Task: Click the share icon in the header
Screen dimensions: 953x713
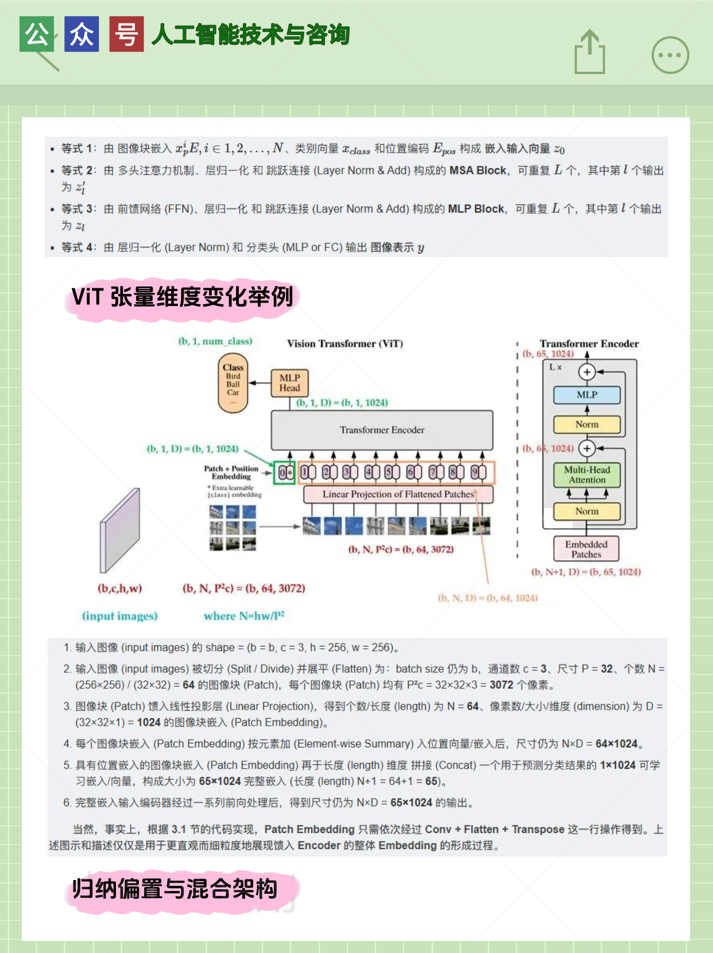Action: click(x=590, y=53)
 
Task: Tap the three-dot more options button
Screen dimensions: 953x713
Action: click(x=670, y=55)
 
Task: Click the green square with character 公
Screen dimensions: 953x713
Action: click(x=37, y=34)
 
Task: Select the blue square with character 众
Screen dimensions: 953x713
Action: click(x=82, y=34)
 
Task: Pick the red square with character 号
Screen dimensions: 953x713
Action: click(x=126, y=34)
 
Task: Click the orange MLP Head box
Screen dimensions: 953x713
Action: click(x=289, y=383)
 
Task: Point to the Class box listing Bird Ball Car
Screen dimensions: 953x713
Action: click(x=233, y=383)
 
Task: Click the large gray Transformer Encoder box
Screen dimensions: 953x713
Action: click(x=382, y=430)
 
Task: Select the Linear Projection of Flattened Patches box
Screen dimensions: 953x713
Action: click(x=398, y=494)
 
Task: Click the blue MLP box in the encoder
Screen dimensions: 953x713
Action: click(x=587, y=395)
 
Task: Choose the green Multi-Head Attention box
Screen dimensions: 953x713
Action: click(x=587, y=475)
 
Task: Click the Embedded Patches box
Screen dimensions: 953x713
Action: click(x=586, y=549)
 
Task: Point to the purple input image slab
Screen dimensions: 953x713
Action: click(x=120, y=530)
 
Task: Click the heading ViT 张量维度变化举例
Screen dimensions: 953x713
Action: click(x=182, y=297)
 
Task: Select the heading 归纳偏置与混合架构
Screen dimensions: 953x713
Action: click(x=175, y=889)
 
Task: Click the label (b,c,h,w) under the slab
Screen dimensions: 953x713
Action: click(x=119, y=588)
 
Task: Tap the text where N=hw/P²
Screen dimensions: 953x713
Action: click(x=244, y=616)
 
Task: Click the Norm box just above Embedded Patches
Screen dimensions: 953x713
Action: click(x=587, y=511)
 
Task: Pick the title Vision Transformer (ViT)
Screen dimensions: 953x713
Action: click(x=345, y=344)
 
